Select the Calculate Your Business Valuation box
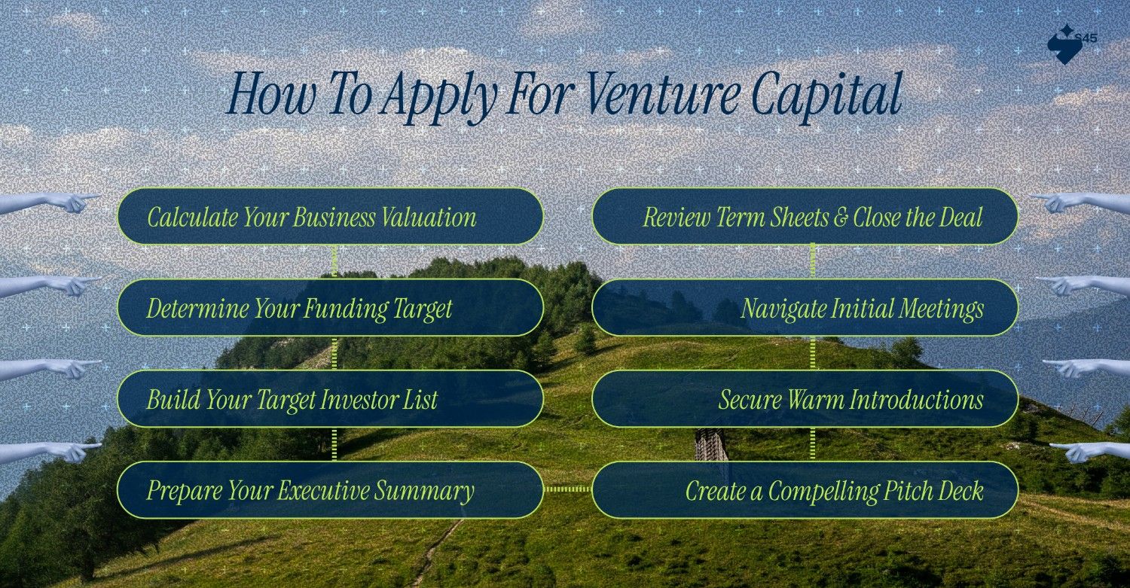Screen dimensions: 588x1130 (x=330, y=217)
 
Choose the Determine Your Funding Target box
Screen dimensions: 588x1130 (x=330, y=308)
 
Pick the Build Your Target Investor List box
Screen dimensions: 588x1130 (x=330, y=399)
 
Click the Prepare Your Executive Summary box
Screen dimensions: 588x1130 (x=330, y=490)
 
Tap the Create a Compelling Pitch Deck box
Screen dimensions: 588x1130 (x=805, y=490)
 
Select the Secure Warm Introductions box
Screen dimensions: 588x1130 (x=805, y=399)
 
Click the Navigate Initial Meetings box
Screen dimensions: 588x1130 (x=805, y=308)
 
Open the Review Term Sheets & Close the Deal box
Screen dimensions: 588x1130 (x=805, y=217)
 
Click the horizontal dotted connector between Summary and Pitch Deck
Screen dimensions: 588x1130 (x=568, y=489)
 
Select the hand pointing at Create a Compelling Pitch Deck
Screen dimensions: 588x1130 (x=1085, y=451)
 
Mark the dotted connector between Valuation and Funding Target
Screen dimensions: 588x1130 (x=334, y=262)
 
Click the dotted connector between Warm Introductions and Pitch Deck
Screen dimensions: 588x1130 (x=812, y=444)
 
